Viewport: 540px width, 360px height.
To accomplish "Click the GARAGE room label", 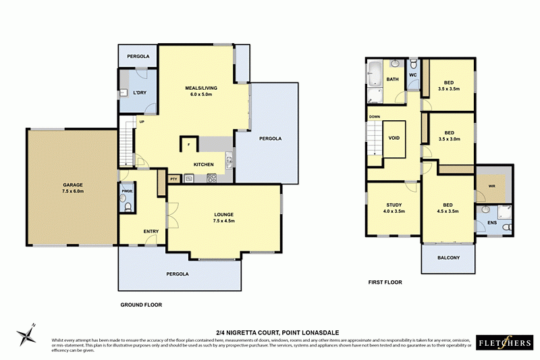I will tap(73, 186).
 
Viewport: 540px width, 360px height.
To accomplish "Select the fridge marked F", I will tap(188, 145).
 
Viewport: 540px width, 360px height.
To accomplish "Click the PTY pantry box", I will tap(173, 179).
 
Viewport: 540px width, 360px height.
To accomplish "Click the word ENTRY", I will tap(151, 232).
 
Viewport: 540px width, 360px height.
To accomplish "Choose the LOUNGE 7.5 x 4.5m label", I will tap(223, 217).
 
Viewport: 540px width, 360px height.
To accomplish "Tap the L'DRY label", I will tap(140, 92).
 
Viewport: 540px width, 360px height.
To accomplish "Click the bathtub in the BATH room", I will tap(375, 70).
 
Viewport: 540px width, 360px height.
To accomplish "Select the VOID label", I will tap(394, 138).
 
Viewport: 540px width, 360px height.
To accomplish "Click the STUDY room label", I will tap(394, 207).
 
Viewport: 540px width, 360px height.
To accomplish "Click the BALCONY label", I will tap(448, 257).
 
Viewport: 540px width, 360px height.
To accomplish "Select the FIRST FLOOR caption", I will tap(385, 282).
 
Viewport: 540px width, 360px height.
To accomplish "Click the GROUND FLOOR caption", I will tap(141, 305).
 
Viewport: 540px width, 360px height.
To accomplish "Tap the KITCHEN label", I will tap(204, 164).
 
